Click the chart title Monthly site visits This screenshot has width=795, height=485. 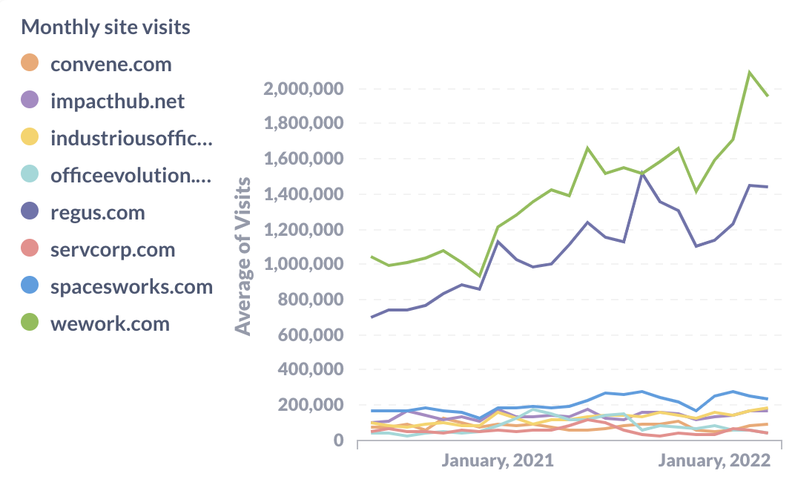pos(105,27)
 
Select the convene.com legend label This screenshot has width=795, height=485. pos(111,65)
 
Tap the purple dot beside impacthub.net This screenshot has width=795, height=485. pos(30,102)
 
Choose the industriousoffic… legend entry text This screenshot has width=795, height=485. pos(131,139)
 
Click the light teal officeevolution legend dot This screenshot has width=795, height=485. pos(30,176)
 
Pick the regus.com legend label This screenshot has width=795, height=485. pos(97,213)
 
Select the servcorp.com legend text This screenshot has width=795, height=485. pos(113,250)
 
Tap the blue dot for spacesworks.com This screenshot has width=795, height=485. pos(30,287)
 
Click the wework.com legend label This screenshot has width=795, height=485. pos(110,324)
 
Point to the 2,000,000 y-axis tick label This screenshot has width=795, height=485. pos(303,90)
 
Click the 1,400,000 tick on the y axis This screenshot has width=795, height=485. pos(303,195)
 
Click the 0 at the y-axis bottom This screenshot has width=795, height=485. pos(339,441)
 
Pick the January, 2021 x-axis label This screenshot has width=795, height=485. pos(498,461)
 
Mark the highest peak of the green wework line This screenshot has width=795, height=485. pos(750,72)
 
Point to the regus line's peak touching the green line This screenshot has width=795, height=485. pos(641,174)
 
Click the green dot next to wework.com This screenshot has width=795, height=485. pos(30,324)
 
